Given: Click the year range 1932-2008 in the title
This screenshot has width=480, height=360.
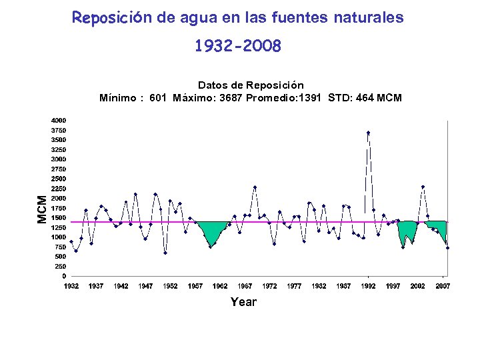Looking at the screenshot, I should (x=238, y=47).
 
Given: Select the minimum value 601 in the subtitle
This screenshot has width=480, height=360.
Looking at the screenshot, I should (x=158, y=98).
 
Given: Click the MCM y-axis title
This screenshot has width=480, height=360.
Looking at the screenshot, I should (x=42, y=209).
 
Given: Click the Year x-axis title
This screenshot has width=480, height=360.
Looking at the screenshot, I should (x=243, y=302).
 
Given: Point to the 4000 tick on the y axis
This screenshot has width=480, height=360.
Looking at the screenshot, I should (x=59, y=121).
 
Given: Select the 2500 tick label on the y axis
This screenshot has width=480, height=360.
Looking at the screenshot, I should (x=59, y=179).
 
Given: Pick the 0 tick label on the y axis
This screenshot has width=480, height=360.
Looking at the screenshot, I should (x=64, y=276).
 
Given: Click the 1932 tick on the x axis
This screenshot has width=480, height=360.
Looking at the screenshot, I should (x=71, y=286).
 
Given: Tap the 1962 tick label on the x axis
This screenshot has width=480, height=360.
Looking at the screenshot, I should (x=220, y=286).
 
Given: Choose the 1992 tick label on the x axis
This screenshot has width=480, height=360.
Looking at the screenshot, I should (x=369, y=286).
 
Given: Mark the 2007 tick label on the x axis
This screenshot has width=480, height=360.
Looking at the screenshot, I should (x=443, y=286).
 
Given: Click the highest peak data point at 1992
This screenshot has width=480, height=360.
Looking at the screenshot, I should (x=368, y=133).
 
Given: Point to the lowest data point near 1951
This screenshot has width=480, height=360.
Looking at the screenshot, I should (x=165, y=253).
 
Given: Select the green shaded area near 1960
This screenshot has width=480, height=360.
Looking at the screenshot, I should (x=212, y=232).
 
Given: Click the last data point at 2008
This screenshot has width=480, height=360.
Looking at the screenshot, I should (x=447, y=247).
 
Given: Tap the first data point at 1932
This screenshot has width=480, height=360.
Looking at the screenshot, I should (x=71, y=241).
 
